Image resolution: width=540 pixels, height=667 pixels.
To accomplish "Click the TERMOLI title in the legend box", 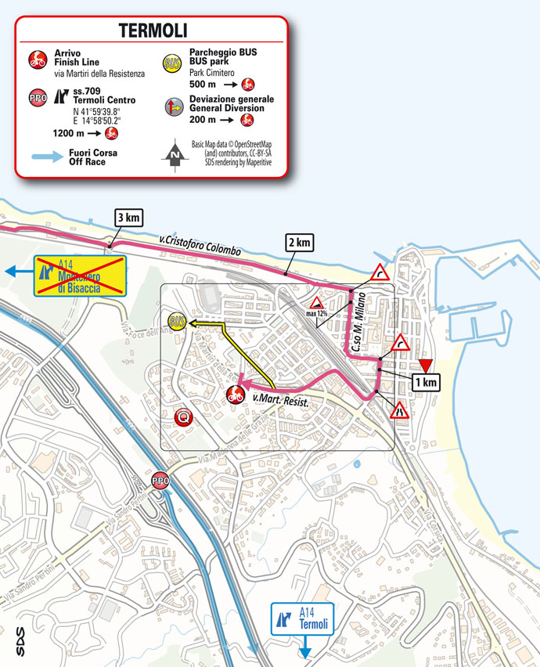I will (x=152, y=31).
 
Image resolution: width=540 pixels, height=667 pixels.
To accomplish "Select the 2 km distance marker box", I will (x=299, y=243).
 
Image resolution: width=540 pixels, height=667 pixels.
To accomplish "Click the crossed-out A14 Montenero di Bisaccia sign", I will (x=75, y=276).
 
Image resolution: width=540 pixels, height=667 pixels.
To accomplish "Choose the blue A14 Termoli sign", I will (x=302, y=619).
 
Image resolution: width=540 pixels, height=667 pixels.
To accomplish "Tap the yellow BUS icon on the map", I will (x=178, y=322).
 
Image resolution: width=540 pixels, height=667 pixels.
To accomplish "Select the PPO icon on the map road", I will (x=160, y=481).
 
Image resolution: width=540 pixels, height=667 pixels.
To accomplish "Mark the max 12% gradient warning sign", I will (x=317, y=305).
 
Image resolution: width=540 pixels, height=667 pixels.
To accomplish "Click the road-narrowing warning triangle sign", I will (x=398, y=409).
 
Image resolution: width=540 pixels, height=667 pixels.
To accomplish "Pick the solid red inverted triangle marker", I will (x=424, y=365).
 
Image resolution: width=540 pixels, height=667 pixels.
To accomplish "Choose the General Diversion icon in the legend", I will (x=173, y=106).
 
